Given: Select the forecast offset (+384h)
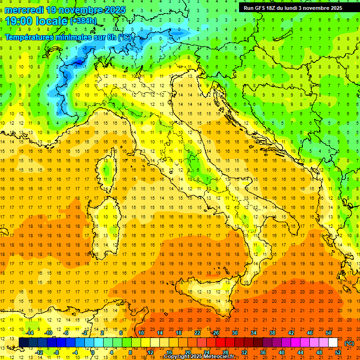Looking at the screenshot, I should tap(83, 21).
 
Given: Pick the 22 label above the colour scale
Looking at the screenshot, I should tap(197, 332).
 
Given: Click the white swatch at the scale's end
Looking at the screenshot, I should tap(333, 342).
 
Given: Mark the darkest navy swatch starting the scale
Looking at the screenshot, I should tap(23, 342).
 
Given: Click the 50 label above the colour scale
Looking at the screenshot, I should tap(329, 332).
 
